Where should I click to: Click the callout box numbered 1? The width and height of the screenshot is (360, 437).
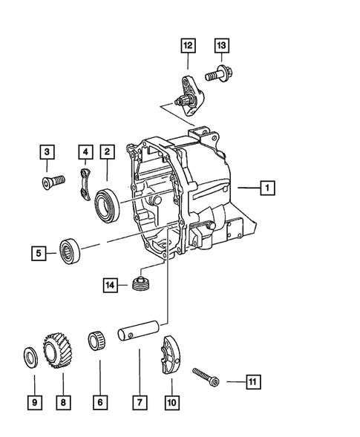[x=265, y=188]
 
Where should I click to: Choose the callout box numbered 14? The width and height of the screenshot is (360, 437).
[x=110, y=284]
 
